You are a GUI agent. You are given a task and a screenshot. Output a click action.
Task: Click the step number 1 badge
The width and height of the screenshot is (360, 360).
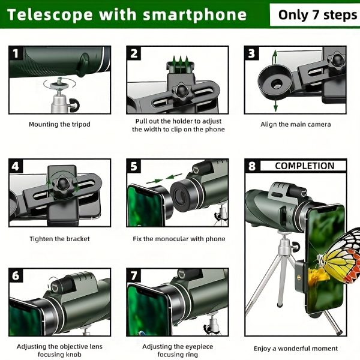[x=16, y=54]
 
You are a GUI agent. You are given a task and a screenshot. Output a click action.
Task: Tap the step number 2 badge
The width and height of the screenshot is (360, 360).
[x=134, y=54]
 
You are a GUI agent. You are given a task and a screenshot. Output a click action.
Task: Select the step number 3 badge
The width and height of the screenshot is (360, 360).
[x=253, y=54]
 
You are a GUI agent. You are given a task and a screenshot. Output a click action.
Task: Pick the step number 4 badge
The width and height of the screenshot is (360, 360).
[x=16, y=166]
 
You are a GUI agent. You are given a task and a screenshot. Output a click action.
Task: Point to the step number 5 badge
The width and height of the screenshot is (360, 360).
[x=134, y=166]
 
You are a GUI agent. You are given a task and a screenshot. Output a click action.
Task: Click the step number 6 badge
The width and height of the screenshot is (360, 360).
[x=16, y=276]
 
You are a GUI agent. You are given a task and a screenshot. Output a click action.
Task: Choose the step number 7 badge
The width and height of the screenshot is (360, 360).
[x=134, y=276]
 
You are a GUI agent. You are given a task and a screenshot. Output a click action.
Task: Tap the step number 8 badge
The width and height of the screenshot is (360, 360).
[x=253, y=166]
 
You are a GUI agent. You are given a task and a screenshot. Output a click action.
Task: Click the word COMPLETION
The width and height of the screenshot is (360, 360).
[x=304, y=166]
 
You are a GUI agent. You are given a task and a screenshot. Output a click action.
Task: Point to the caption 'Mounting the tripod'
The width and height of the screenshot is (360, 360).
[x=59, y=124]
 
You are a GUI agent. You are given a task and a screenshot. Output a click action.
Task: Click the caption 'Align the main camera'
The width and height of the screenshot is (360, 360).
[x=295, y=124]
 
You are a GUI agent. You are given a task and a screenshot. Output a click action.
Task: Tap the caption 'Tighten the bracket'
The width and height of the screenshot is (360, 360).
[x=59, y=239]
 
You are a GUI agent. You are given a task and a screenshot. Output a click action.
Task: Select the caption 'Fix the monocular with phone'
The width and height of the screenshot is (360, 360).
[x=179, y=239]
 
